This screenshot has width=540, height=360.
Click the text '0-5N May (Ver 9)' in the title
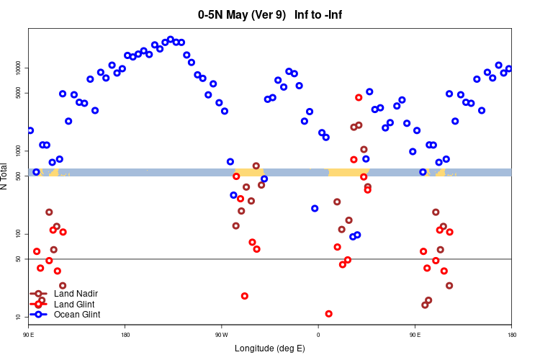(242, 14)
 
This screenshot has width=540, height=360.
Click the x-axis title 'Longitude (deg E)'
(270, 348)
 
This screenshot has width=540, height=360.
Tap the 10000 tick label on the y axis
(19, 68)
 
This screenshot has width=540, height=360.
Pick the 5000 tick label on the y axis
(19, 93)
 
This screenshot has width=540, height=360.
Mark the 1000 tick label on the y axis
(19, 150)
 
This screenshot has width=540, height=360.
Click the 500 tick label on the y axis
(19, 176)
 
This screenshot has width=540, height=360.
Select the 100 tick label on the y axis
(19, 234)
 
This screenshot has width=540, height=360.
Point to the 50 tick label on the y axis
(19, 258)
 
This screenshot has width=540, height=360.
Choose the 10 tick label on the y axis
(19, 317)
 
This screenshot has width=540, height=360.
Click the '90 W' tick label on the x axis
(221, 335)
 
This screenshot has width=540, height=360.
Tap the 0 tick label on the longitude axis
(318, 335)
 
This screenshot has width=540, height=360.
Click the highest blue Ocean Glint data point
(171, 40)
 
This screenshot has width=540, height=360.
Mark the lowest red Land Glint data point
(329, 314)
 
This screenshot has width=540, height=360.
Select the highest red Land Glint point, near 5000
(359, 97)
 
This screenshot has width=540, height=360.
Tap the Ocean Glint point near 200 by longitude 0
(315, 208)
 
